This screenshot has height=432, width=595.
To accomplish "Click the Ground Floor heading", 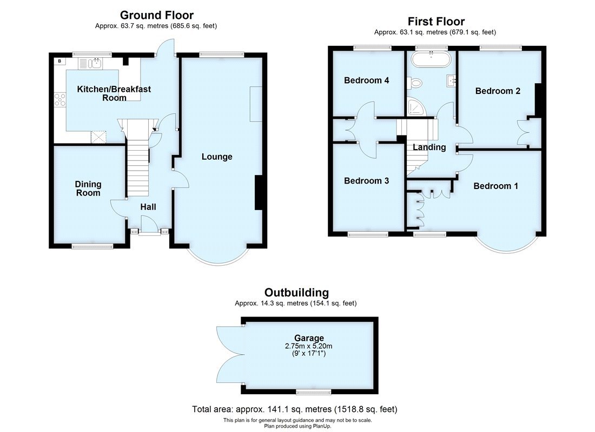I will [156, 15].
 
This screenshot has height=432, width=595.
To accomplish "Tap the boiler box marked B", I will [59, 61].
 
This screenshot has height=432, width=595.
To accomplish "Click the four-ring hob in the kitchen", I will [60, 100].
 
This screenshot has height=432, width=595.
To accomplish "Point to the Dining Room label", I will [88, 188].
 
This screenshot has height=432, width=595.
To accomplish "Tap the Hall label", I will [148, 207].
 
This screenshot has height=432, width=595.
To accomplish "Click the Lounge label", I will [217, 157].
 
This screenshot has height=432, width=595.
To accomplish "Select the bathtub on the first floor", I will [431, 58].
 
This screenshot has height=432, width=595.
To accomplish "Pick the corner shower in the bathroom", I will [416, 107].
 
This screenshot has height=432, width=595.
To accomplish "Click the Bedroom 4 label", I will [367, 80].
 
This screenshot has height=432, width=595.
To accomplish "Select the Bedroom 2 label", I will [498, 91].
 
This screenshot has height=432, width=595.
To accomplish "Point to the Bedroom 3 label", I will [366, 180].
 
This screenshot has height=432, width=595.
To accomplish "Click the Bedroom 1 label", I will [495, 186].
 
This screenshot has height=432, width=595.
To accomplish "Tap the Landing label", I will [429, 147].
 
